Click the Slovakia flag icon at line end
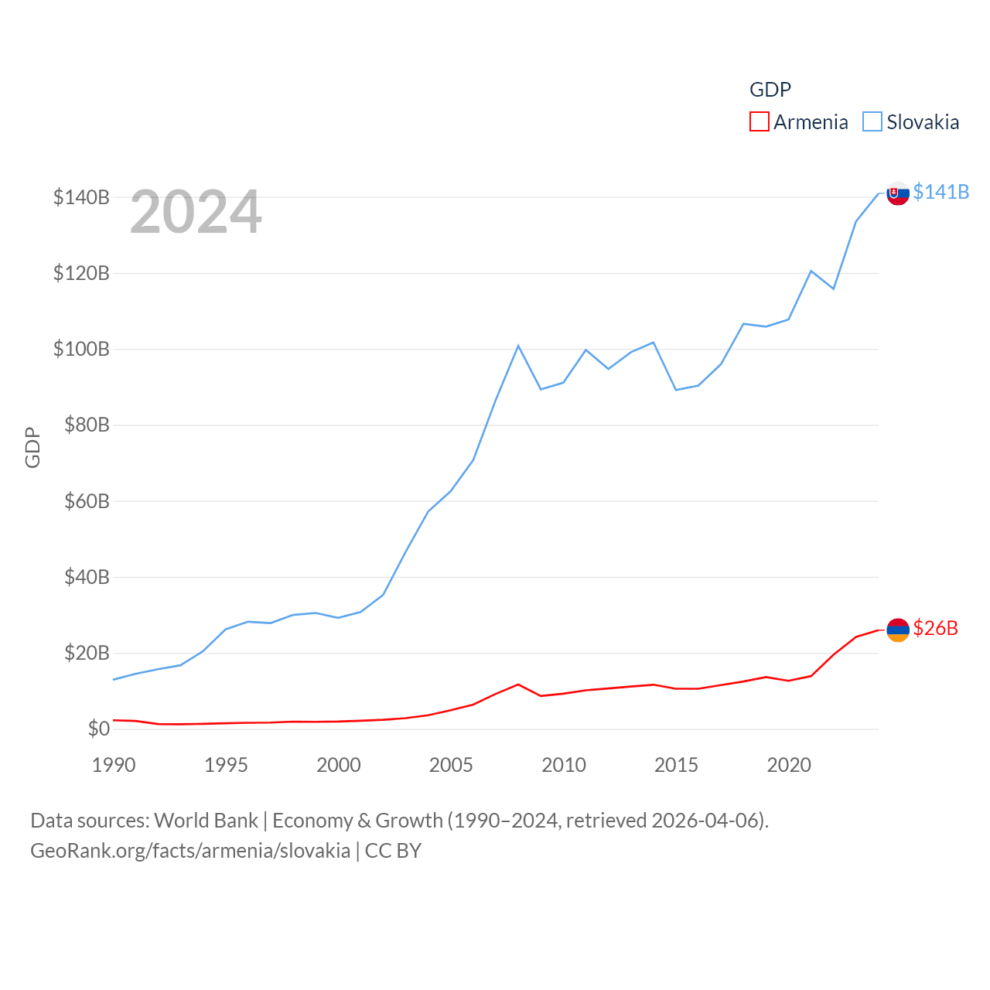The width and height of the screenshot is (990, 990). click(897, 193)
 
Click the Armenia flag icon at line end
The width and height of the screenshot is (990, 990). click(897, 630)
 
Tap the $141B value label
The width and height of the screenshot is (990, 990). click(940, 192)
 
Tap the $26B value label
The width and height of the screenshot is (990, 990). click(935, 628)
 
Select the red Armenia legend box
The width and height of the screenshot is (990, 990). click(759, 122)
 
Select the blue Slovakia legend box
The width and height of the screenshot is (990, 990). click(872, 122)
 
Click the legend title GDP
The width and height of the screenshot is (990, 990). click(770, 90)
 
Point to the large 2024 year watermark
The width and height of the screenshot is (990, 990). click(196, 212)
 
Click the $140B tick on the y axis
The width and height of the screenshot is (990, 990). click(81, 197)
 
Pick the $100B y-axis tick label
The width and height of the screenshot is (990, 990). click(81, 349)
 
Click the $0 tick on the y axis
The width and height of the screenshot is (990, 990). click(98, 729)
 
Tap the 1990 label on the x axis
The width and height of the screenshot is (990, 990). click(114, 765)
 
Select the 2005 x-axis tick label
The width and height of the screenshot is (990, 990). click(451, 765)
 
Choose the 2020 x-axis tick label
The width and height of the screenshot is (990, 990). click(789, 765)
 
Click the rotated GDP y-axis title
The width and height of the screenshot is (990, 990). click(32, 447)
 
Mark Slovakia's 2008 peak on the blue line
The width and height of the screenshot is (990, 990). click(518, 346)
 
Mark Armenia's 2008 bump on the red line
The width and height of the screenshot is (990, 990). click(518, 684)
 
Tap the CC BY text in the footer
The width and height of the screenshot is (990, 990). click(393, 851)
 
